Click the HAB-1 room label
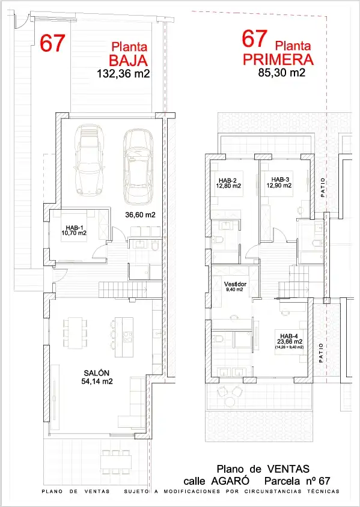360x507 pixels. coord(74,227)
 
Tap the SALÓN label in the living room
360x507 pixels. coord(97,373)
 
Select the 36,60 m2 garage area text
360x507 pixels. coord(141,214)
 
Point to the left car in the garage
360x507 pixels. coord(88,160)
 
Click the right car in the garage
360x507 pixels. coord(138,166)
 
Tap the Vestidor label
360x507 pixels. coord(235,284)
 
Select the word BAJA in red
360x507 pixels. coord(129,61)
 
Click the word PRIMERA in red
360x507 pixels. coord(278,59)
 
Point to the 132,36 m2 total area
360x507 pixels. coord(123,74)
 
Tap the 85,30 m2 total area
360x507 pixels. coord(281,73)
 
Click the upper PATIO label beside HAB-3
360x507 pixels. coord(323,187)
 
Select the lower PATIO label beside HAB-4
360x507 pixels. coord(321,353)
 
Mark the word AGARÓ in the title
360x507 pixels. coord(230,481)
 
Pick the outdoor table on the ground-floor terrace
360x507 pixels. coord(116,462)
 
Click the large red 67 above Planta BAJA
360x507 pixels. coord(53,43)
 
